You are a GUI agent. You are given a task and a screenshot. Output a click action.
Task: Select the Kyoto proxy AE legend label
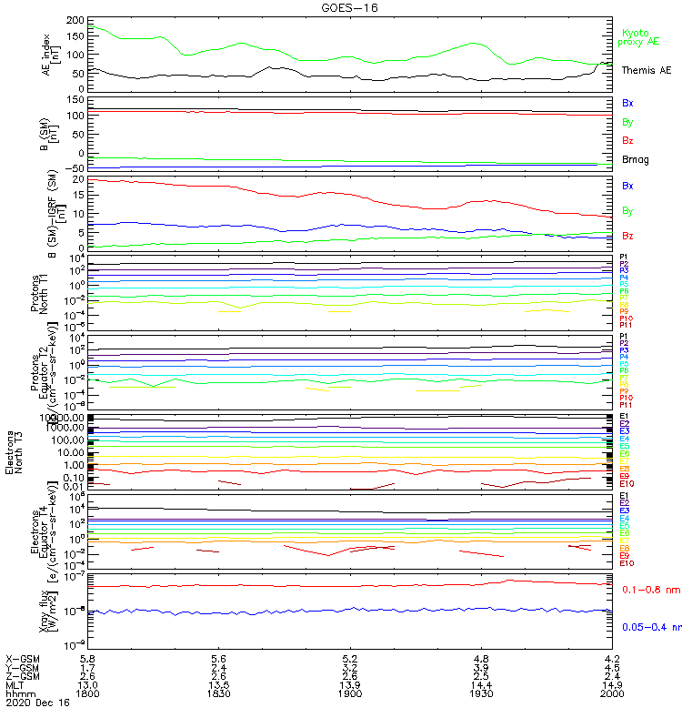click(x=638, y=37)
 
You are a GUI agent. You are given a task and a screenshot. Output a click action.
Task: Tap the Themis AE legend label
click(x=647, y=70)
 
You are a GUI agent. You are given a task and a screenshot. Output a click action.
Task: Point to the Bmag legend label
click(x=636, y=159)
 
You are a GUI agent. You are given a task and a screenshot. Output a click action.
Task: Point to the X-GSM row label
click(x=23, y=657)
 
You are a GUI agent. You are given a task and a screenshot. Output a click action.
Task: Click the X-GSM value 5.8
click(x=88, y=657)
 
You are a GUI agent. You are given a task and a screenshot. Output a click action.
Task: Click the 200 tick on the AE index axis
click(x=75, y=20)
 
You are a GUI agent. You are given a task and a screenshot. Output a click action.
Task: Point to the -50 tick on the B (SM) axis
click(x=75, y=168)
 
